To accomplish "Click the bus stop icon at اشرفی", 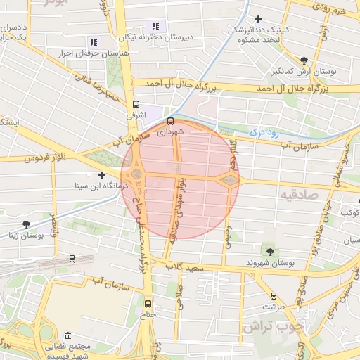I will (136, 103).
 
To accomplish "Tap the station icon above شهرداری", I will (170, 121).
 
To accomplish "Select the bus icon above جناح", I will (148, 304).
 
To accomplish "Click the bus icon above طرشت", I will (274, 296).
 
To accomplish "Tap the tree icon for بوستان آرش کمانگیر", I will (303, 61).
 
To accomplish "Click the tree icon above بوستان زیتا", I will (26, 224).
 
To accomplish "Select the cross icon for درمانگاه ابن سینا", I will (102, 175).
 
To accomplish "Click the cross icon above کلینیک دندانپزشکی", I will (259, 19).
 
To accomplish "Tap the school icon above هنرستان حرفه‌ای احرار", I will (94, 42).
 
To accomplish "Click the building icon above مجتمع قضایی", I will (67, 335).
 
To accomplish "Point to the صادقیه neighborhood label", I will (299, 194).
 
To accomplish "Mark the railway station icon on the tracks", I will (72, 258).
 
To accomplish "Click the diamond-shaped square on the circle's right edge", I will (229, 181).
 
